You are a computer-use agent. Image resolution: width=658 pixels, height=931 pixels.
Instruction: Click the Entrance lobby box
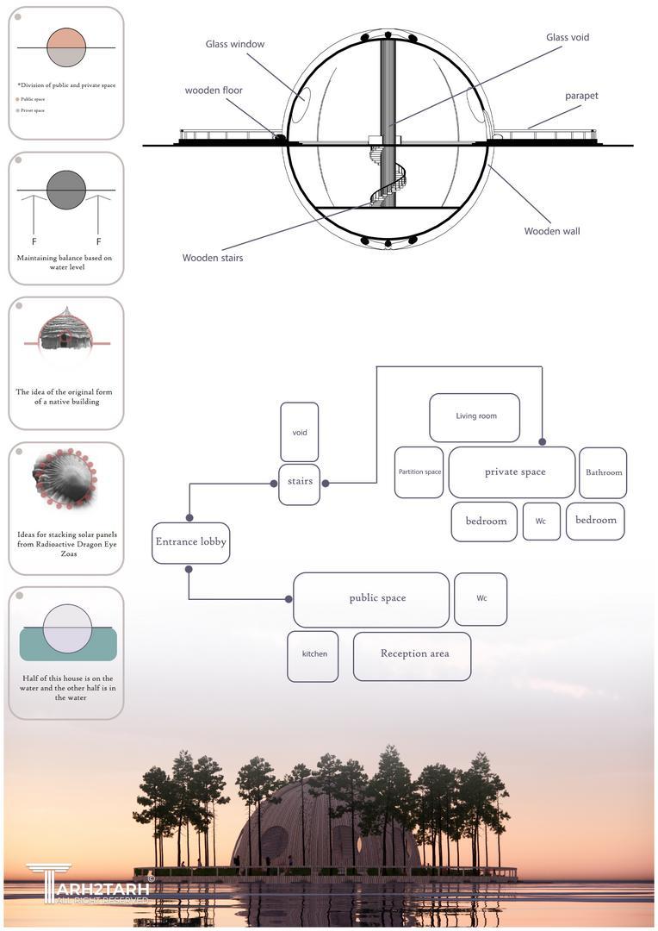190,543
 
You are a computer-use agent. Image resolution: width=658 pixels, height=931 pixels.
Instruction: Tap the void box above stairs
299,432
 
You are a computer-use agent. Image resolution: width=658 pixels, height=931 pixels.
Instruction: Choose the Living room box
475,417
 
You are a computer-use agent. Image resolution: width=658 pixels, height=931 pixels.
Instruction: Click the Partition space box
419,472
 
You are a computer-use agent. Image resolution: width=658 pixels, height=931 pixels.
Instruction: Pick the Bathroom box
602,472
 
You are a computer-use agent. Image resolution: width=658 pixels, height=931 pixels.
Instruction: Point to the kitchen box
313,655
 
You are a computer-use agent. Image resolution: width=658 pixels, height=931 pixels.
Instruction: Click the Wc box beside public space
481,598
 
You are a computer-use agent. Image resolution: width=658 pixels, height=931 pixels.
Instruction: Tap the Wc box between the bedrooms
541,522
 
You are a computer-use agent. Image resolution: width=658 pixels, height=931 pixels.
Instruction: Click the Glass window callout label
235,44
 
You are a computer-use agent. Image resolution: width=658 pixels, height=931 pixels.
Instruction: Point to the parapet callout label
581,96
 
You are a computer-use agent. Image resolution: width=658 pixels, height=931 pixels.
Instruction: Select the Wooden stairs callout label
213,258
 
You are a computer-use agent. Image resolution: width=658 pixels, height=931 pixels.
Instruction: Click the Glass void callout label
568,38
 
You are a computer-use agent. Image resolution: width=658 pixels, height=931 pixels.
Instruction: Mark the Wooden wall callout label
552,231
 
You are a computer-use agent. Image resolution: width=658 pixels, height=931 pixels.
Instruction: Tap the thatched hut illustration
65,330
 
